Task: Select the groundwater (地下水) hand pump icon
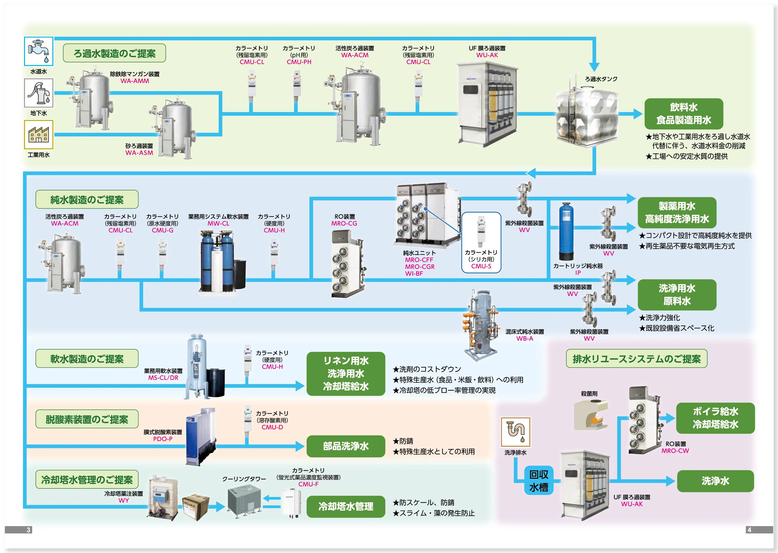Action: (39, 93)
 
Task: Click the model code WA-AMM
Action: (135, 81)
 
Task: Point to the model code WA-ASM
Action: (139, 153)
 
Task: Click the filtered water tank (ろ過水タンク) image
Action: (586, 114)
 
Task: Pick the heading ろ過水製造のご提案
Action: (114, 53)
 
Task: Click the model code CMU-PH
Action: (299, 62)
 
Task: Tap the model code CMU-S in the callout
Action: (481, 266)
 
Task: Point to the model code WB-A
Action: (524, 338)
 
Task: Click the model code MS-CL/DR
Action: (163, 378)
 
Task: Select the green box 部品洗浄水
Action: (346, 446)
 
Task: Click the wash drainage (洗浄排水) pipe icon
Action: (515, 432)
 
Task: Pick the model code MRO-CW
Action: (675, 451)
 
